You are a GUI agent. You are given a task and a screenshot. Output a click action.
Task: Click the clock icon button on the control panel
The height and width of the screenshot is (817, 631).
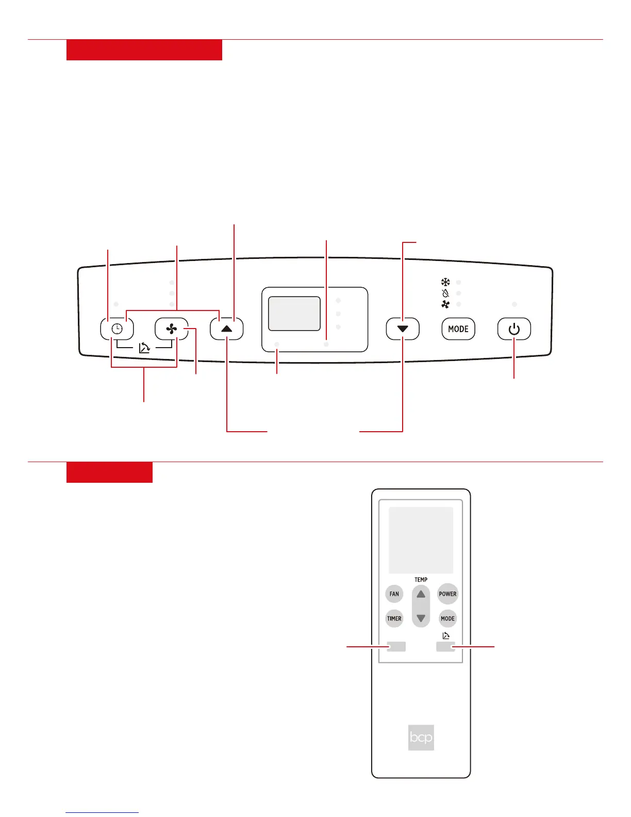(x=117, y=329)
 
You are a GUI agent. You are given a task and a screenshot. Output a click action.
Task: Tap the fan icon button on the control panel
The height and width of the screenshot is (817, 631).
(x=171, y=329)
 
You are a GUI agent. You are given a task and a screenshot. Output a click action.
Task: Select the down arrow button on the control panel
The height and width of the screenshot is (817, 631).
(x=403, y=329)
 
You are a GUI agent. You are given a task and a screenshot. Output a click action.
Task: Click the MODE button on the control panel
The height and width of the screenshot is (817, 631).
(x=458, y=329)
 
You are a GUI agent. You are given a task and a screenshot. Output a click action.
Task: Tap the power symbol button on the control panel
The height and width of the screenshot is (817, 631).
(x=514, y=329)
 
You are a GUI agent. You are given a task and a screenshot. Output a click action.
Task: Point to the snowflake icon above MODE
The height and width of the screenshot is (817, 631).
(x=445, y=282)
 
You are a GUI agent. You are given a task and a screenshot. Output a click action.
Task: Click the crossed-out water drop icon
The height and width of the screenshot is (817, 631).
(x=445, y=293)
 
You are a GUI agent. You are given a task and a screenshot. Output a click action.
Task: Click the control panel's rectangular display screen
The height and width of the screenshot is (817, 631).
(x=294, y=314)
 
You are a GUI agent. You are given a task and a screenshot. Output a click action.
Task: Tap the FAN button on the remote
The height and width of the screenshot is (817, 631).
(x=394, y=594)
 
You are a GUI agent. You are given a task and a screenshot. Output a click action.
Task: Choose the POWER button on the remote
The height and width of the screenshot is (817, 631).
(x=447, y=594)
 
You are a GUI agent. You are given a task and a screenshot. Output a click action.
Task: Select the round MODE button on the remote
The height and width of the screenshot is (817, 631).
(x=447, y=618)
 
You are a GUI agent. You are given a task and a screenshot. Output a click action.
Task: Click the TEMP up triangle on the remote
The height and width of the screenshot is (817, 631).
(x=421, y=594)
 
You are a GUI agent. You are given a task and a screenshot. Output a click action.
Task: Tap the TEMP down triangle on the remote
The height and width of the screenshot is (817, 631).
(x=421, y=618)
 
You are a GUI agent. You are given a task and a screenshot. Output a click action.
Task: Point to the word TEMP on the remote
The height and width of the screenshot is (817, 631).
(x=421, y=580)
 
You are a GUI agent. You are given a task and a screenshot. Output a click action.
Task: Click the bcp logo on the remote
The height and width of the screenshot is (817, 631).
(x=421, y=737)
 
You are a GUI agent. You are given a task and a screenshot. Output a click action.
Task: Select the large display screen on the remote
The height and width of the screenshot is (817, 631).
(x=421, y=540)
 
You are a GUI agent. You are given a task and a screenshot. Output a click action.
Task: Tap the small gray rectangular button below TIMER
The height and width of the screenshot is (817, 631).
(x=396, y=646)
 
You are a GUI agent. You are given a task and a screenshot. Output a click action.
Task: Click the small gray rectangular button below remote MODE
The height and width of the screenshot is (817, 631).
(x=445, y=646)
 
